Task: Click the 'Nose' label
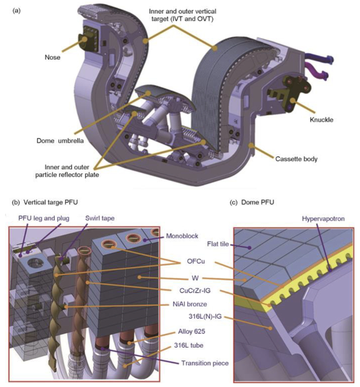pyautogui.click(x=52, y=57)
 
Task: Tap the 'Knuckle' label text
pyautogui.click(x=321, y=120)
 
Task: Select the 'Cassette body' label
pyautogui.click(x=296, y=159)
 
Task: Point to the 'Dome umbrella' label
pyautogui.click(x=60, y=141)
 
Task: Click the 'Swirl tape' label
pyautogui.click(x=100, y=218)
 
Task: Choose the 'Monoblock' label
pyautogui.click(x=182, y=236)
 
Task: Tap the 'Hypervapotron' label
pyautogui.click(x=323, y=218)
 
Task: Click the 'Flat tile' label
pyautogui.click(x=218, y=244)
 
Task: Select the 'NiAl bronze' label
pyautogui.click(x=190, y=304)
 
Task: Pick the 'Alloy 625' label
pyautogui.click(x=192, y=331)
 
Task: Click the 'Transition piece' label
pyautogui.click(x=205, y=363)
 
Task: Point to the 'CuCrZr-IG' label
pyautogui.click(x=195, y=290)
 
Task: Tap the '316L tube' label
pyautogui.click(x=189, y=345)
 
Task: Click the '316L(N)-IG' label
pyautogui.click(x=205, y=316)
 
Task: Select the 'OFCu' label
pyautogui.click(x=196, y=261)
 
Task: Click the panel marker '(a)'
pyautogui.click(x=16, y=11)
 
